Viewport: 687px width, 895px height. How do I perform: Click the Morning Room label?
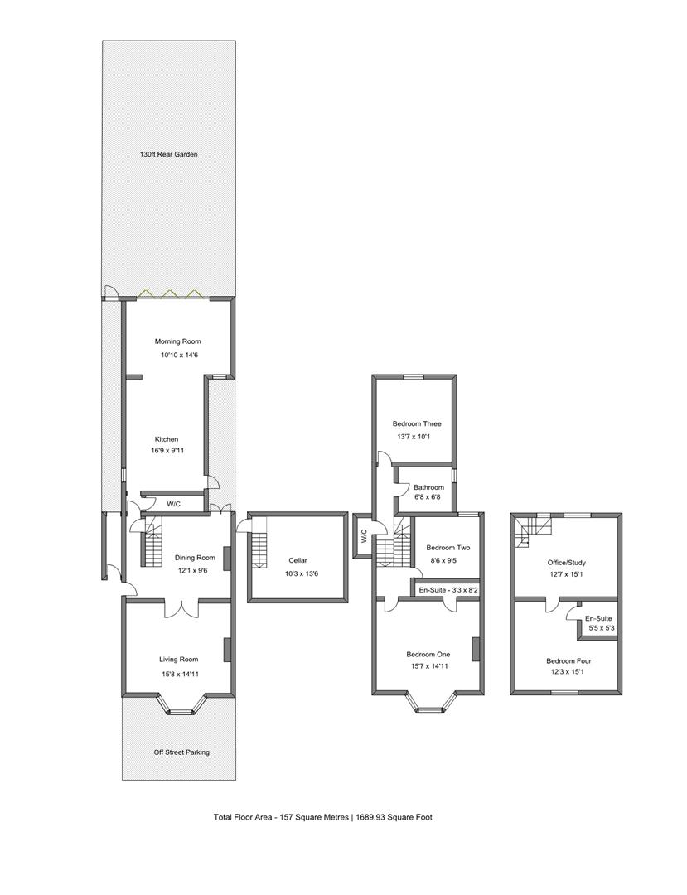[x=177, y=341]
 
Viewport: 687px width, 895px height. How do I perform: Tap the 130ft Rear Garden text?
[x=169, y=154]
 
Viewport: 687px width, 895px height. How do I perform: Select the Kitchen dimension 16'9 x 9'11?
[x=167, y=450]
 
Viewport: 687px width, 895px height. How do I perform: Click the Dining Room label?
[x=195, y=558]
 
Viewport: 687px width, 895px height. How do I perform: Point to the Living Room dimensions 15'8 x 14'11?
[x=179, y=674]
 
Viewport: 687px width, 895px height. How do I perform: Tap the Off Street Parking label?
[x=181, y=752]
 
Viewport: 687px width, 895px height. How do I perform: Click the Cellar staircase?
[x=259, y=549]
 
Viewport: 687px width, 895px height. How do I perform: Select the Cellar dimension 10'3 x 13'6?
[x=298, y=574]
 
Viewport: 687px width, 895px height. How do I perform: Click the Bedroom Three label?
[x=417, y=424]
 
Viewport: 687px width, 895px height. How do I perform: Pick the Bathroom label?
[x=428, y=487]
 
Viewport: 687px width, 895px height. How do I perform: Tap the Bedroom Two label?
[x=448, y=548]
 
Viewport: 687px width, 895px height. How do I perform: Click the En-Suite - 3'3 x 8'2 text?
[x=448, y=590]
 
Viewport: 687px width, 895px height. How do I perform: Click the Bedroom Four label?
[x=568, y=661]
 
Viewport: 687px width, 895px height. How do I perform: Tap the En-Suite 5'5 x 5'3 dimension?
[x=600, y=629]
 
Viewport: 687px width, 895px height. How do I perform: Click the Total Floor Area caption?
[x=323, y=817]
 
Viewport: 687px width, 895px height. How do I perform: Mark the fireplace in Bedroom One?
[x=475, y=650]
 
